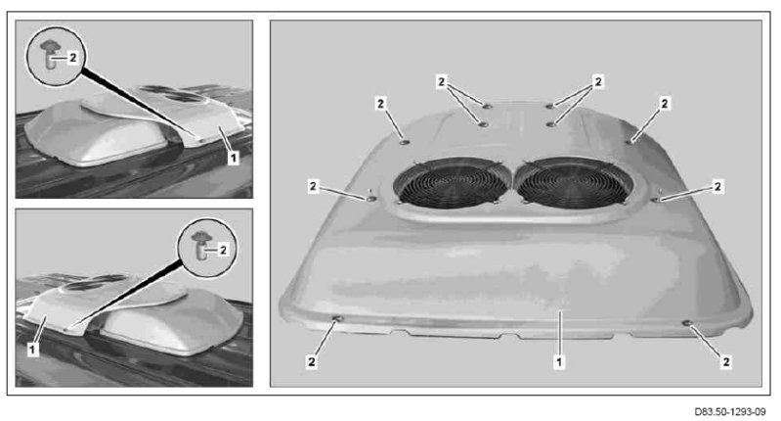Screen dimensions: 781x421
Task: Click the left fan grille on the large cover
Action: pyautogui.click(x=453, y=183)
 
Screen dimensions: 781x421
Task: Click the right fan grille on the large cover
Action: pyautogui.click(x=573, y=183)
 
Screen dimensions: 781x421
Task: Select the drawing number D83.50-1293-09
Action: pyautogui.click(x=730, y=412)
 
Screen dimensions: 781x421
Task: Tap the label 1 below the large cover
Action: pyautogui.click(x=559, y=361)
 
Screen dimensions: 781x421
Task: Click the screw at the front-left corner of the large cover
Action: pyautogui.click(x=337, y=319)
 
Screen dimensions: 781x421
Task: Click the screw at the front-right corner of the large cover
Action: pyautogui.click(x=688, y=324)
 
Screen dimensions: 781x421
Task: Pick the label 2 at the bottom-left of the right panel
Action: pyautogui.click(x=312, y=361)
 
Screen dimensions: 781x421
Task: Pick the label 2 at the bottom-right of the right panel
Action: pyautogui.click(x=725, y=361)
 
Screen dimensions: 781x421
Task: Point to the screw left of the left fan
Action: pyautogui.click(x=371, y=199)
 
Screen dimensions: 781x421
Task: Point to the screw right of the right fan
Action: pyautogui.click(x=656, y=200)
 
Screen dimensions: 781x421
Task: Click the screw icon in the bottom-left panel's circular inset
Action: pyautogui.click(x=200, y=246)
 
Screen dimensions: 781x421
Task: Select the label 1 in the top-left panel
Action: pyautogui.click(x=233, y=159)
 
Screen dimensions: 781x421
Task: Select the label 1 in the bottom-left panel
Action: pyautogui.click(x=32, y=350)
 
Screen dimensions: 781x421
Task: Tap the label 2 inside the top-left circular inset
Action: pyautogui.click(x=72, y=58)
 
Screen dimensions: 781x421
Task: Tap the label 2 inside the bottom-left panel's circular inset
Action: pyautogui.click(x=223, y=250)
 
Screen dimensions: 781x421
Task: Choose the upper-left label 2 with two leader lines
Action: pyautogui.click(x=441, y=81)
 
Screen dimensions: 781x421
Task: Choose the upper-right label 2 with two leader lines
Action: pyautogui.click(x=598, y=81)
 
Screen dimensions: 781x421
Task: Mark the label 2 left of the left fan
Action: pyautogui.click(x=313, y=186)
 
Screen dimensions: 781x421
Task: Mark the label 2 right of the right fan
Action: pyautogui.click(x=717, y=186)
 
